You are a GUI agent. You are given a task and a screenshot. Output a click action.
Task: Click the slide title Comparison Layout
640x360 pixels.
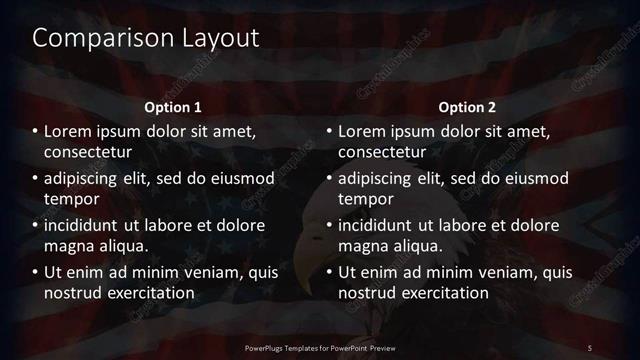click(x=146, y=38)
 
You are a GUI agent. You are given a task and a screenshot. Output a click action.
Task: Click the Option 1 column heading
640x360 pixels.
click(x=173, y=107)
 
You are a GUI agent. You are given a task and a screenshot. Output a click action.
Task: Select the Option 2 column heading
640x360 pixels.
click(x=467, y=107)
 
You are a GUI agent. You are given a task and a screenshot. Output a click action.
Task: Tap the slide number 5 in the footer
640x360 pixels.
click(x=590, y=347)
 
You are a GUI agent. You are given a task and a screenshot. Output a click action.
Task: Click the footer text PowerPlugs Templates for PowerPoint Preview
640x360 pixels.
click(x=319, y=347)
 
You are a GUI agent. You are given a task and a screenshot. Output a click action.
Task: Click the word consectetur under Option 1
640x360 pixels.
click(x=89, y=152)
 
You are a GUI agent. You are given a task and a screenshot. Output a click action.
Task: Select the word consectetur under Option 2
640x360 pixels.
click(x=383, y=152)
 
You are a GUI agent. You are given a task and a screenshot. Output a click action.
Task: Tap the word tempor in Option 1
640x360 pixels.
click(x=69, y=199)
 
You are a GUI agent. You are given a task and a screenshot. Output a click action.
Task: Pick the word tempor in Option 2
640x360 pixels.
click(x=363, y=199)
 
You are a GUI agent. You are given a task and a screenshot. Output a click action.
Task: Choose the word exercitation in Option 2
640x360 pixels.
click(x=444, y=293)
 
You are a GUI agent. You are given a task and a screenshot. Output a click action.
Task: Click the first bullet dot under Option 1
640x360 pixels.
click(x=36, y=131)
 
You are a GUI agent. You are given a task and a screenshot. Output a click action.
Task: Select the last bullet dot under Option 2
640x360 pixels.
click(x=330, y=272)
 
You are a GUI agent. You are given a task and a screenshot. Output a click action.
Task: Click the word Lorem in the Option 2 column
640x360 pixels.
click(x=361, y=131)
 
